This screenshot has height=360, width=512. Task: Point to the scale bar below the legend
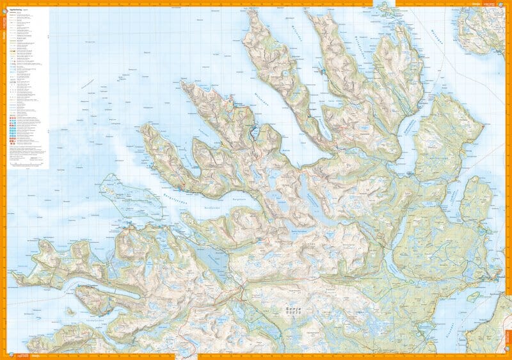pyautogui.click(x=29, y=164)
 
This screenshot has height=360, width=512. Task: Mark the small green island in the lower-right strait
pyautogui.click(x=474, y=297)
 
